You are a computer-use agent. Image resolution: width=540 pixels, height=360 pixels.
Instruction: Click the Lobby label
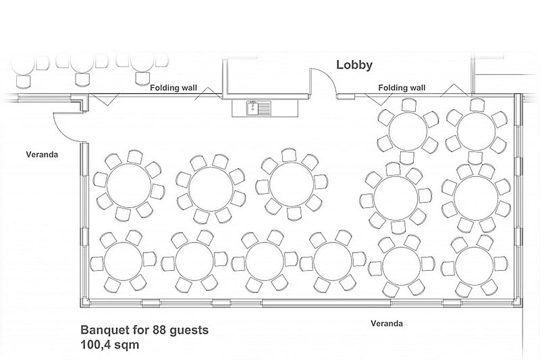pyautogui.click(x=355, y=66)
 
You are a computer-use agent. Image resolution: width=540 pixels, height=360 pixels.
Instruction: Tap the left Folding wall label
pyautogui.click(x=173, y=87)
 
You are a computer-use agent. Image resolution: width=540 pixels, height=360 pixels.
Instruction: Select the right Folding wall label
pyautogui.click(x=402, y=87)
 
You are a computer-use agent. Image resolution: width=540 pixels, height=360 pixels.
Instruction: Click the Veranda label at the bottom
pyautogui.click(x=387, y=324)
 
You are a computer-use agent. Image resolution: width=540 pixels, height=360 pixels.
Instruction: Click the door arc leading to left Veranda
pyautogui.click(x=64, y=122)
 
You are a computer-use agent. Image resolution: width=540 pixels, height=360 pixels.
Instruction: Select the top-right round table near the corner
pyautogui.click(x=476, y=126)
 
